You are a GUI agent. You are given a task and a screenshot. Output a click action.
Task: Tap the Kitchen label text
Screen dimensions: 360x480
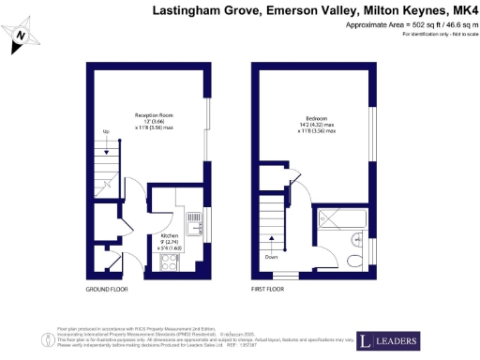pyautogui.click(x=170, y=236)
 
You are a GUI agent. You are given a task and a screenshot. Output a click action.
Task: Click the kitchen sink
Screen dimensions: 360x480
pyautogui.click(x=195, y=223)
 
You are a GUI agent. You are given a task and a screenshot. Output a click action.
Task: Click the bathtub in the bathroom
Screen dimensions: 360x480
pyautogui.click(x=347, y=218)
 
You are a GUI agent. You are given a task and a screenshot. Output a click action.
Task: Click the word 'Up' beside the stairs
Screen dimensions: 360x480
pyautogui.click(x=106, y=131)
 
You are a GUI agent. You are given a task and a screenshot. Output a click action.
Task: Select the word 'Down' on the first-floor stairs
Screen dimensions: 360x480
pyautogui.click(x=271, y=256)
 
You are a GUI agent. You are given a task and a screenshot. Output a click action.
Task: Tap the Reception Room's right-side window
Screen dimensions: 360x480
pyautogui.click(x=208, y=136)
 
